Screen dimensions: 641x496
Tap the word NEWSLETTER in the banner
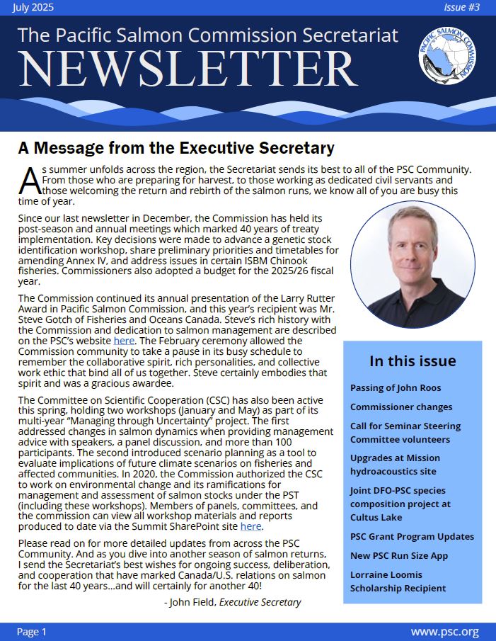pyautogui.click(x=187, y=69)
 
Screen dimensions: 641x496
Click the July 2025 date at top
pyautogui.click(x=33, y=8)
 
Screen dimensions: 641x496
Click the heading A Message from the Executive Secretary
pyautogui.click(x=175, y=148)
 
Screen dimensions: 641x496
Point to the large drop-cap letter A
pyautogui.click(x=30, y=181)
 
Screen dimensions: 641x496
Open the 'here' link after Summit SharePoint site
pyautogui.click(x=250, y=526)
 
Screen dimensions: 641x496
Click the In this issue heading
pyautogui.click(x=413, y=361)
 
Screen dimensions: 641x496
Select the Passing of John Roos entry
pyautogui.click(x=395, y=387)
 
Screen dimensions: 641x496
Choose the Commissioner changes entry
pyautogui.click(x=401, y=407)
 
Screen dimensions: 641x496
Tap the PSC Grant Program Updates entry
pyautogui.click(x=412, y=536)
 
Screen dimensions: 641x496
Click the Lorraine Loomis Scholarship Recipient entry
pyautogui.click(x=398, y=581)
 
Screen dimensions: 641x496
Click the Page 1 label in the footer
pyautogui.click(x=32, y=631)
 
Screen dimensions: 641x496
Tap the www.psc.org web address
pyautogui.click(x=444, y=631)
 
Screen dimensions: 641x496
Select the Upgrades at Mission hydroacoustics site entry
pyautogui.click(x=395, y=464)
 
